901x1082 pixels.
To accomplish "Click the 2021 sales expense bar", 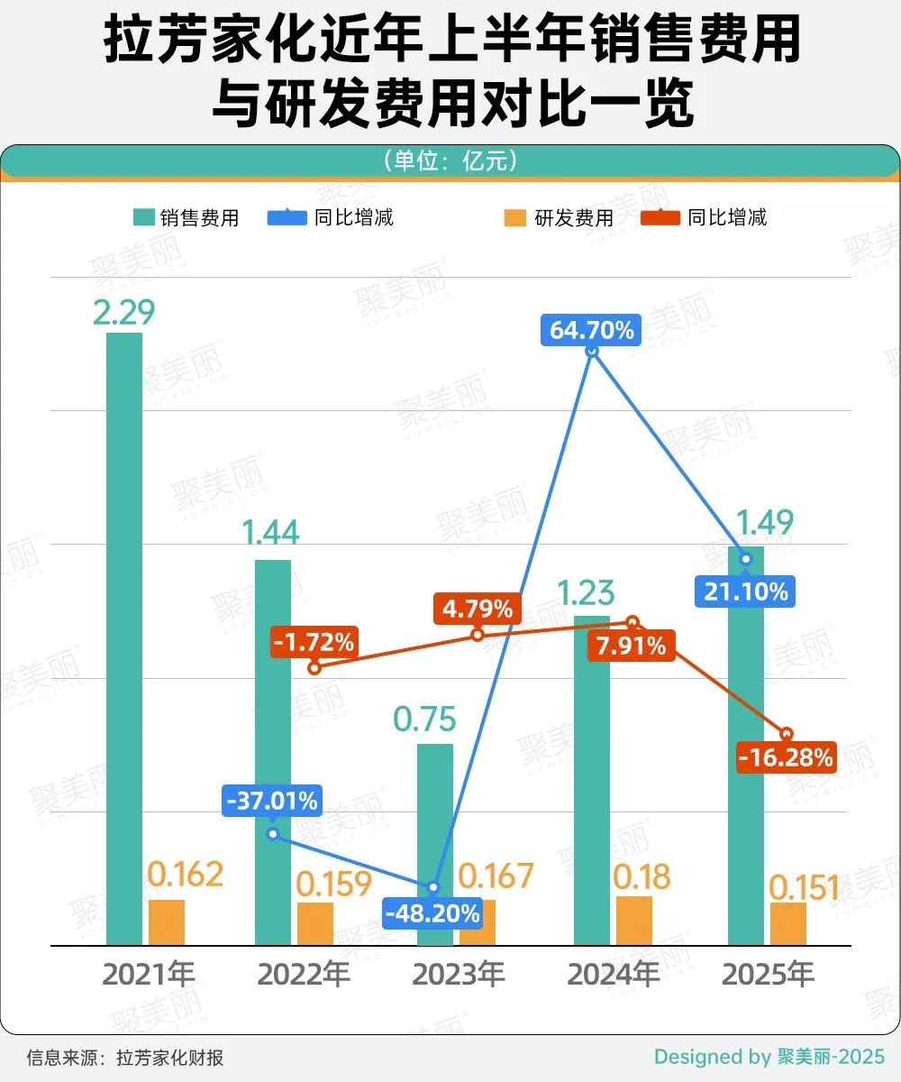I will tap(124, 638).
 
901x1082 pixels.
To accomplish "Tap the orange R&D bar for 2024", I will tap(634, 921).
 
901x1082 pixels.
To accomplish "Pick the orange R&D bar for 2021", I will tap(167, 922).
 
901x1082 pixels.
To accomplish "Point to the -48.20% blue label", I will tap(432, 913).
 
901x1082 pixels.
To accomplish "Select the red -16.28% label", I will tap(786, 757).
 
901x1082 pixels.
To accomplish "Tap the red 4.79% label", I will tap(477, 609).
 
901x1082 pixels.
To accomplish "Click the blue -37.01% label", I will tap(270, 801).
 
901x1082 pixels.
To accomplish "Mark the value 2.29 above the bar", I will tap(124, 312).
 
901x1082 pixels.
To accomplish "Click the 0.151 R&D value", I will tap(804, 888).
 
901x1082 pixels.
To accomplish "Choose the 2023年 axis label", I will tap(459, 975).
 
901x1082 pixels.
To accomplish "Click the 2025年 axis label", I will tap(769, 975).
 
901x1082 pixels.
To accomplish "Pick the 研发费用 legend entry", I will tap(560, 217).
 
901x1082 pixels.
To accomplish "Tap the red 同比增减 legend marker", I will tap(660, 217).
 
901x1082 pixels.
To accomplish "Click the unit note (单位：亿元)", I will tap(450, 160).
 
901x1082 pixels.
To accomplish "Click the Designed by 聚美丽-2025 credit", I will tap(769, 1057).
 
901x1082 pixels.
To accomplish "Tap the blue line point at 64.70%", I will tap(592, 351).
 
